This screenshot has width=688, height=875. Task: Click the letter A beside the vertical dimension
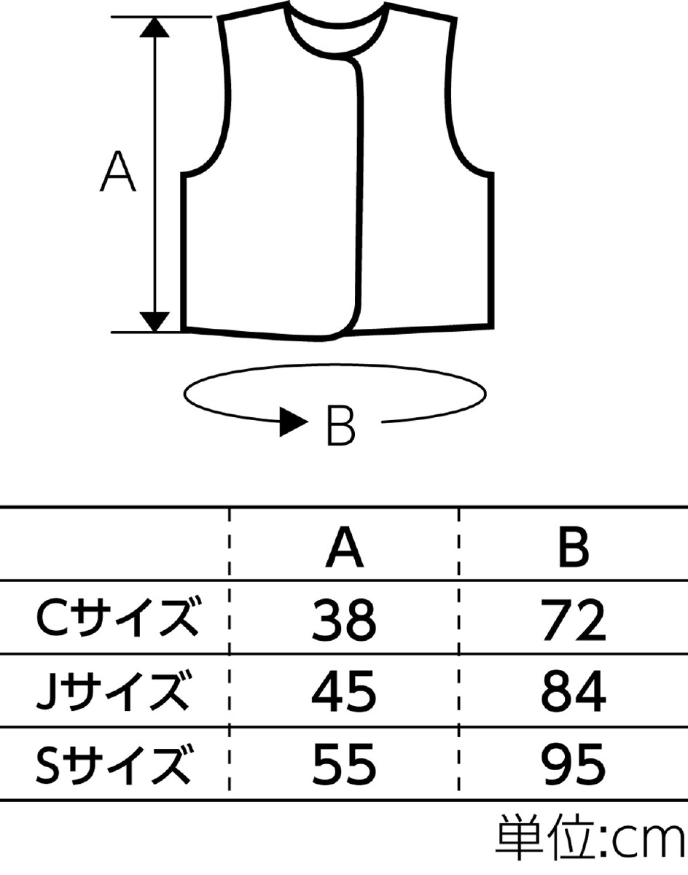tap(118, 172)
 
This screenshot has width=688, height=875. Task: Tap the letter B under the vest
tap(340, 423)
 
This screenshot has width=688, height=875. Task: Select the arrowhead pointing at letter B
tap(294, 423)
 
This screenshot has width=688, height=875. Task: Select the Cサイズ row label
tap(117, 620)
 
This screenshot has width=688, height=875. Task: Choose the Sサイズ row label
tap(117, 763)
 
